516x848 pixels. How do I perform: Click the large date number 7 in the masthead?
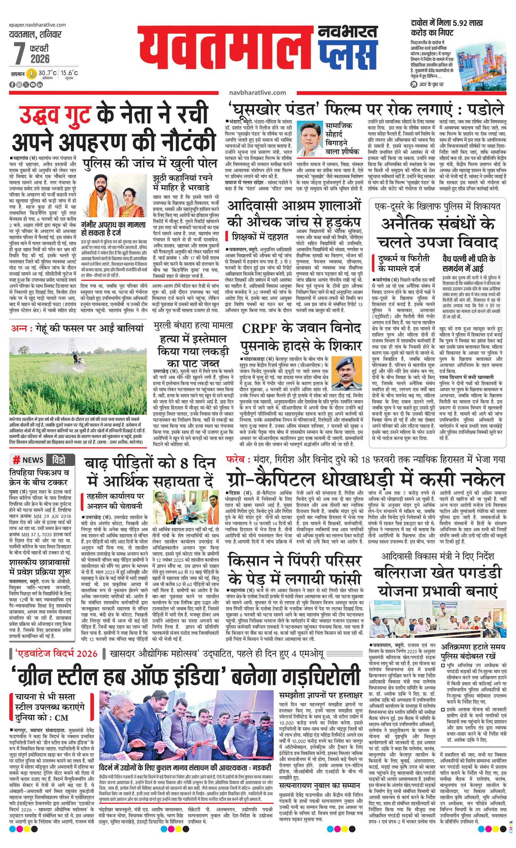click(x=19, y=53)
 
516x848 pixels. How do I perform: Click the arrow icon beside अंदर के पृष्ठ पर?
click(x=415, y=84)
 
